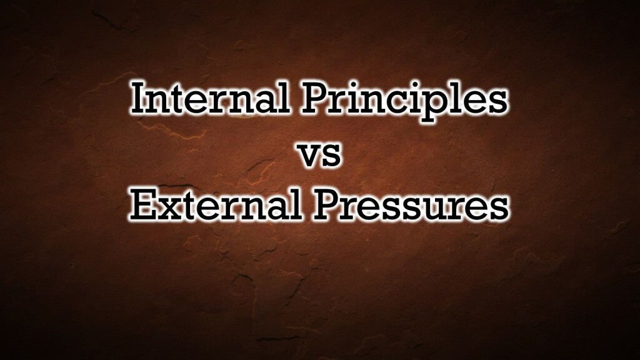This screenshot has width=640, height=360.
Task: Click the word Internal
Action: [x=210, y=98]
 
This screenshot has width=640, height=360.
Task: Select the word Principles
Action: [x=404, y=102]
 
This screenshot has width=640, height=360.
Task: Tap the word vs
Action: [x=321, y=156]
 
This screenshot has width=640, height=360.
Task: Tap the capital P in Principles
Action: [x=318, y=98]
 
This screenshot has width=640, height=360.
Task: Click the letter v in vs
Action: [x=311, y=156]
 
